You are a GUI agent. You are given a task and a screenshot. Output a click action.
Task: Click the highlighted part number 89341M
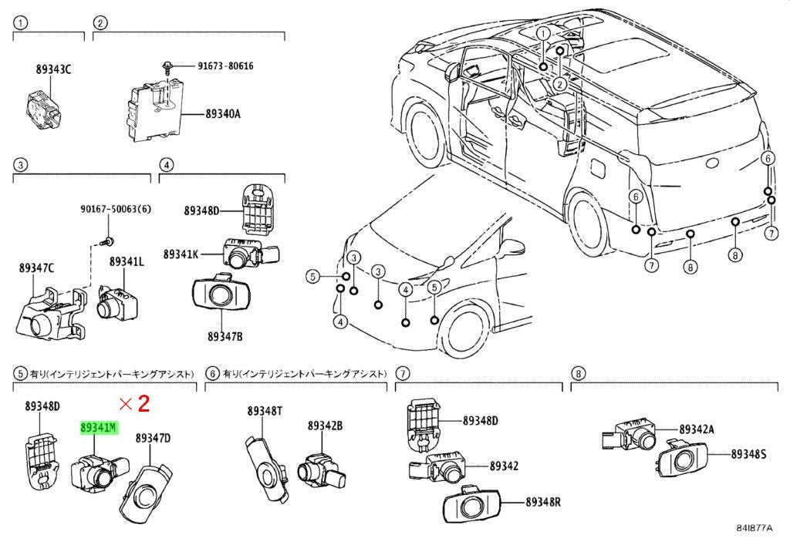99,429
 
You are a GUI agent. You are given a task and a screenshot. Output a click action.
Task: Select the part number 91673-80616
225,66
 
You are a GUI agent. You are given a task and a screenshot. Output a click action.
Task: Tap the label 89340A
223,114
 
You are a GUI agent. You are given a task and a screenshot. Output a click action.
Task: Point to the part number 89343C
53,69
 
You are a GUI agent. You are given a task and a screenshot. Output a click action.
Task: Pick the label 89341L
127,261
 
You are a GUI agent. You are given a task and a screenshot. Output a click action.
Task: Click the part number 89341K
181,254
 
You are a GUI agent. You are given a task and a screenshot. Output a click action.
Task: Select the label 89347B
225,337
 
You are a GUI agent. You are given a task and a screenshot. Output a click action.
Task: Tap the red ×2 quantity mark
134,404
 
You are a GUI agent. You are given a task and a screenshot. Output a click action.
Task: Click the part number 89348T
265,412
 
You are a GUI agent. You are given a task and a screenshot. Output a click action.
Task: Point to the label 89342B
326,426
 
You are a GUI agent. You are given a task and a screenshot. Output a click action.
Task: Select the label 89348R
544,502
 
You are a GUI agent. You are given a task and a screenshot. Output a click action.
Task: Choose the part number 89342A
697,429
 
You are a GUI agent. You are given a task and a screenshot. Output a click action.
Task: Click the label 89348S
748,454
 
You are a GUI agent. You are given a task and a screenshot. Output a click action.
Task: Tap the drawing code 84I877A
755,528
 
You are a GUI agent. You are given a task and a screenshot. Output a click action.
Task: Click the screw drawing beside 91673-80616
167,68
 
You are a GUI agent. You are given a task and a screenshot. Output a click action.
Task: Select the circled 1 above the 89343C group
20,22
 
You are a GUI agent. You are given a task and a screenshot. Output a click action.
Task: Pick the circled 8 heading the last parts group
578,373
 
